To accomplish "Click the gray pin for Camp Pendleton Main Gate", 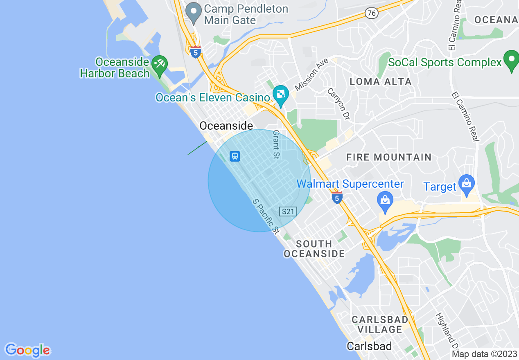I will (x=193, y=12).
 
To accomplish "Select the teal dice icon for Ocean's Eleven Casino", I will (x=281, y=94).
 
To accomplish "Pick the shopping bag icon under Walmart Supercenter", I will (x=385, y=201).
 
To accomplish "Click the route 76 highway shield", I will (x=371, y=13).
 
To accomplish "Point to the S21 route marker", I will (x=288, y=211).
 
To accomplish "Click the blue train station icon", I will (x=235, y=156).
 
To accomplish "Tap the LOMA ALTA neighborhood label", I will (x=381, y=81).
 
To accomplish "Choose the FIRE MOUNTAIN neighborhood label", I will (x=389, y=157).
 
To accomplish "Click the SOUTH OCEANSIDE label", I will (x=314, y=249).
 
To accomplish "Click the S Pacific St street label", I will (x=266, y=216).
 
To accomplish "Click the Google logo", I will (x=27, y=350).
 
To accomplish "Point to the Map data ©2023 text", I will (x=484, y=354).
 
